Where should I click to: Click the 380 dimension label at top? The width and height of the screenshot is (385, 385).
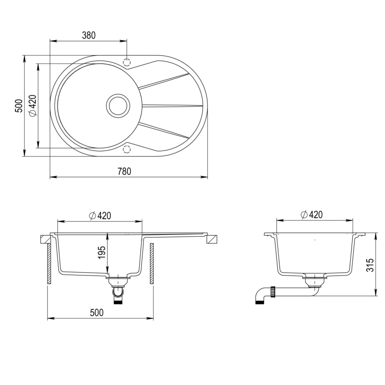coord(89,35)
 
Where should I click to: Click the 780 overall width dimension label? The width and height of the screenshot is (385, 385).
coord(124,171)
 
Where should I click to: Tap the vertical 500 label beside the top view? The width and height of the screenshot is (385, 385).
coord(18,106)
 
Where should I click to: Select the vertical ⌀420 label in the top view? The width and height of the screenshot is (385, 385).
coord(33,106)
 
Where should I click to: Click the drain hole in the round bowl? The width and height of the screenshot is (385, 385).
coord(118,106)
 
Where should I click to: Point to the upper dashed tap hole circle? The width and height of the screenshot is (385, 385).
coord(127,62)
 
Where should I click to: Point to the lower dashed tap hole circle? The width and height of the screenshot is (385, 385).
coord(127,149)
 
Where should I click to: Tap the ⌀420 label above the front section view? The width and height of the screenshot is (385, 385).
coord(100,216)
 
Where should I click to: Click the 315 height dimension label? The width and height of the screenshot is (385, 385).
coord(371,265)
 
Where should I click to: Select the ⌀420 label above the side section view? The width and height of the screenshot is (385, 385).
coord(311,215)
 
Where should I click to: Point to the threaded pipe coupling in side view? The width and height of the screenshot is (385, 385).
coord(273,292)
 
